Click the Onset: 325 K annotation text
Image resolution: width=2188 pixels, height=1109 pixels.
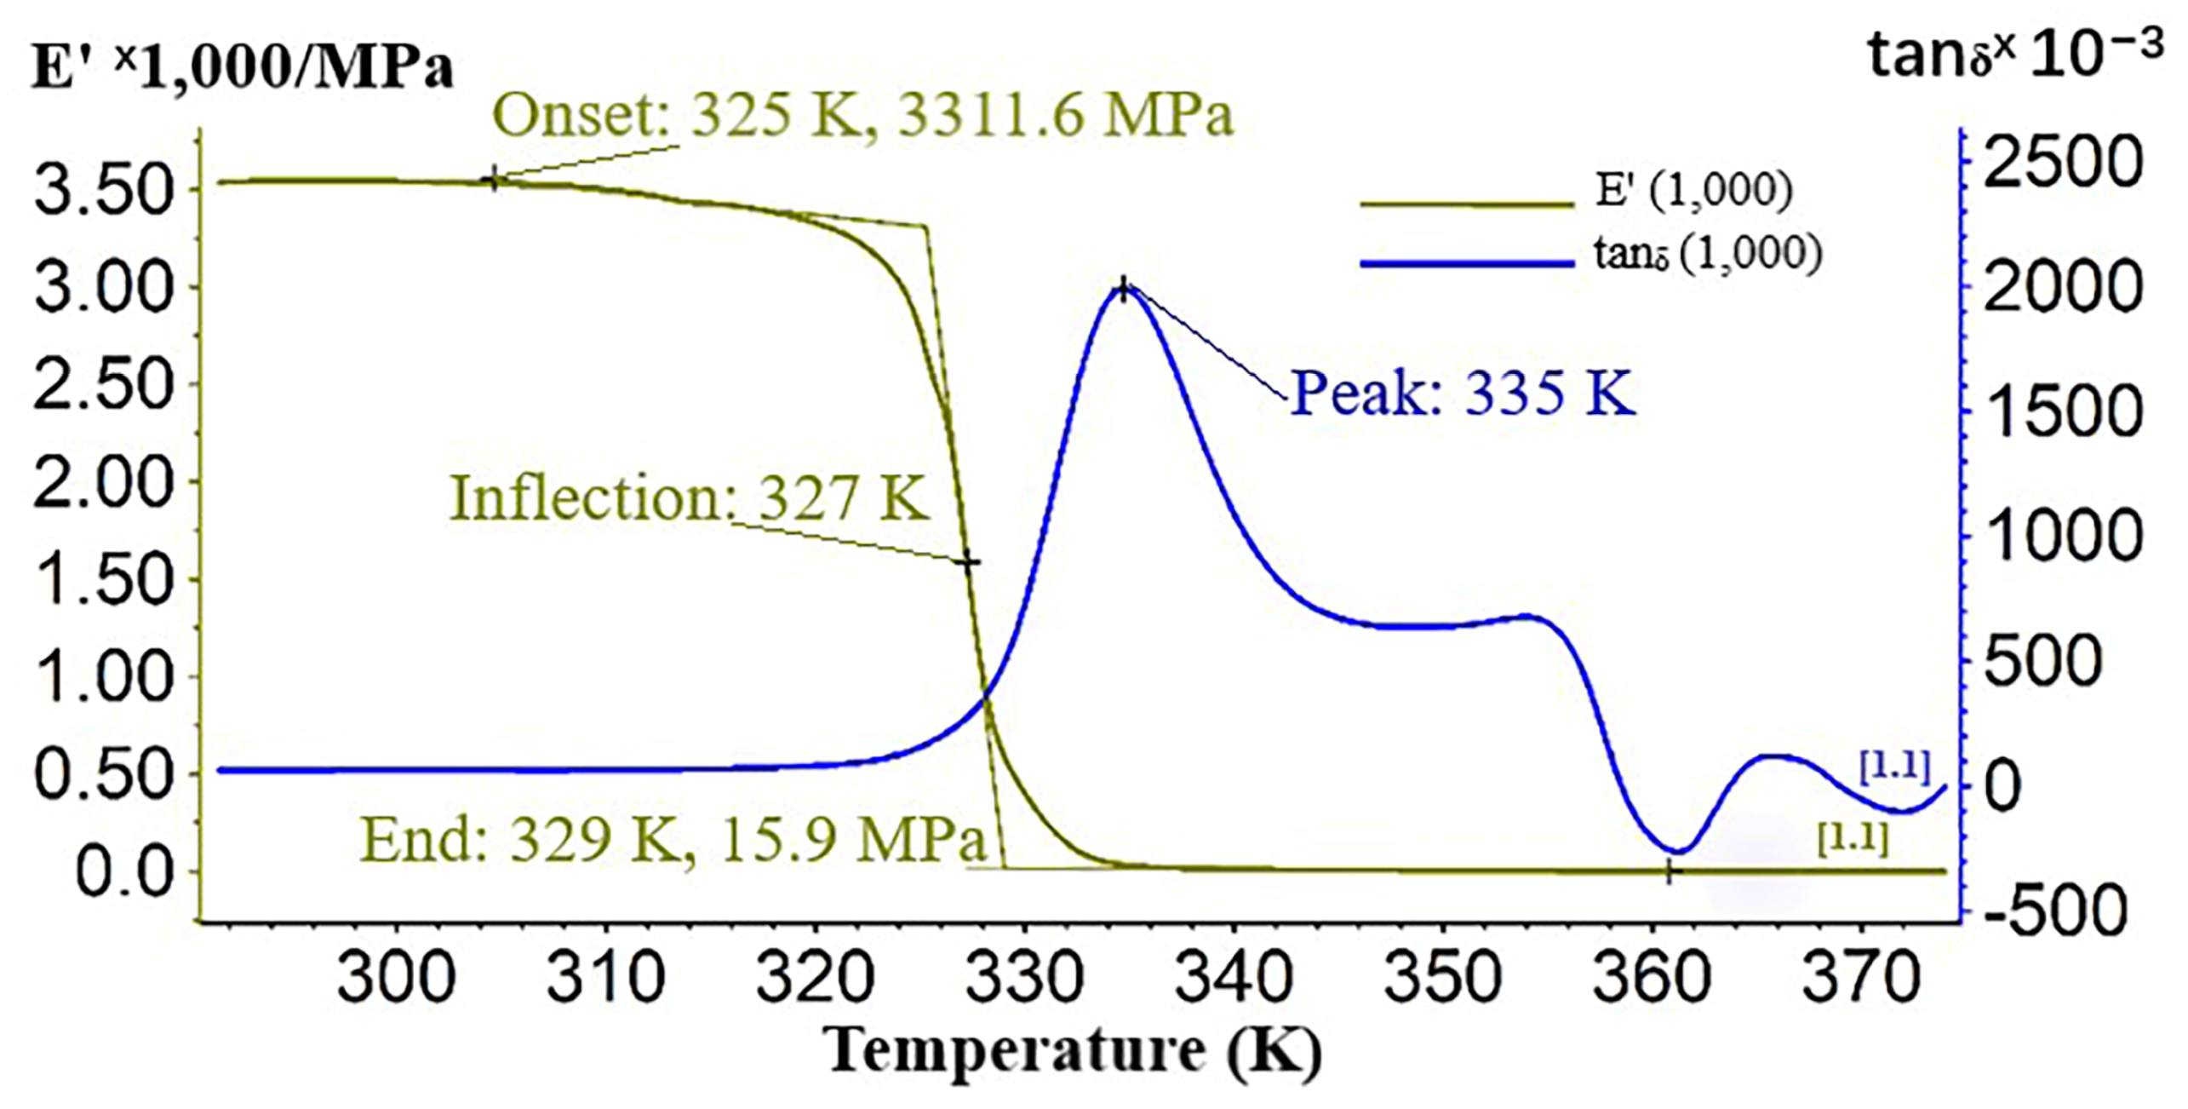(x=862, y=115)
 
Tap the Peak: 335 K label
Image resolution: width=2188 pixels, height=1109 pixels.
(x=1462, y=394)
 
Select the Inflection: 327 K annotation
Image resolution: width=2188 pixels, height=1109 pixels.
(x=688, y=497)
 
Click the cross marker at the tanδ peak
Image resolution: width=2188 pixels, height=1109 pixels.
(x=1124, y=290)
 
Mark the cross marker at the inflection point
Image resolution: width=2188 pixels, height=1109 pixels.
(x=968, y=562)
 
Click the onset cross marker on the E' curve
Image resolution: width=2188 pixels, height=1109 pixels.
(x=493, y=180)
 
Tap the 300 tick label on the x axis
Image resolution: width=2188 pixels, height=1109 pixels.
(x=396, y=978)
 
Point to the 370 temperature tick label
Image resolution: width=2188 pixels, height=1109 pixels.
(x=1862, y=978)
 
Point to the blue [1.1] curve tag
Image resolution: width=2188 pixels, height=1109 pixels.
(x=1894, y=767)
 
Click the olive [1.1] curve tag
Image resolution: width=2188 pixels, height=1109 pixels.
(x=1853, y=840)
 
